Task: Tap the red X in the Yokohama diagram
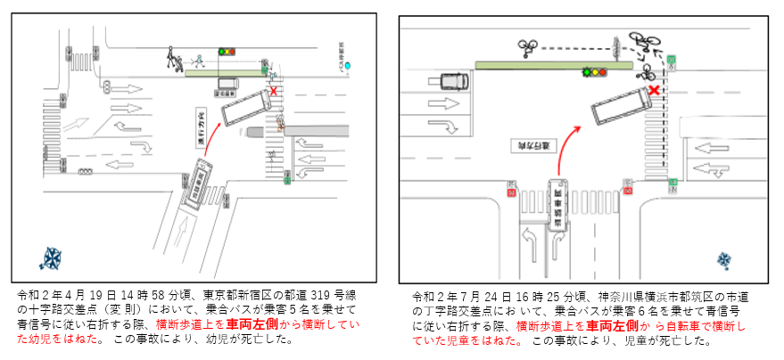tap(655, 90)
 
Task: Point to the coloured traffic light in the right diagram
tap(594, 71)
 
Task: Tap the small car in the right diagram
tap(453, 81)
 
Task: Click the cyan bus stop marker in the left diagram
tap(352, 66)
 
